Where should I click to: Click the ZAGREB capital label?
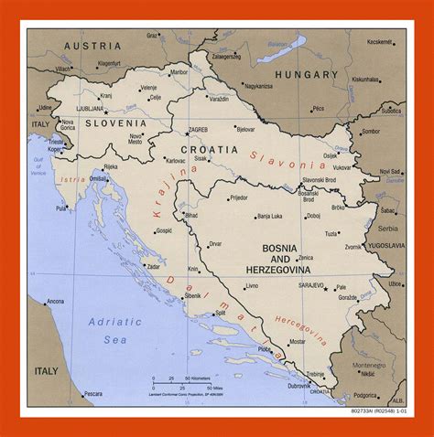click(199, 130)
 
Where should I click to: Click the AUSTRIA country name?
click(92, 45)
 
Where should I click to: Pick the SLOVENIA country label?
click(115, 123)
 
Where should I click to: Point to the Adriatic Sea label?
click(114, 330)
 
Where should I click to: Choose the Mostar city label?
click(297, 342)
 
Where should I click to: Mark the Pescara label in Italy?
click(92, 394)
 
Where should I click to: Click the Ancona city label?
click(56, 301)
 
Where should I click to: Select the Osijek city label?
click(331, 155)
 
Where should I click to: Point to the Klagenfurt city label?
click(109, 63)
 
